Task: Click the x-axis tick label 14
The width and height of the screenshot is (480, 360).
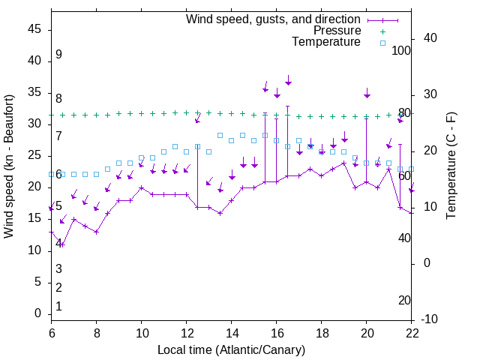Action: coord(231,333)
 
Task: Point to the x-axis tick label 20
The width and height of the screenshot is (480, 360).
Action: coord(366,333)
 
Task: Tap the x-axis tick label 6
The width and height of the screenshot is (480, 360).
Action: coord(51,333)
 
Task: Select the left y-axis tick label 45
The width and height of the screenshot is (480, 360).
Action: coord(34,29)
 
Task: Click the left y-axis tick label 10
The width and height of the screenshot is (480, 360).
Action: coord(34,250)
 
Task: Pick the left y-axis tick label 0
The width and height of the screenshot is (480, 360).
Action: coord(38,313)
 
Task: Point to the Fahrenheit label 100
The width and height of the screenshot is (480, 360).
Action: coord(401,50)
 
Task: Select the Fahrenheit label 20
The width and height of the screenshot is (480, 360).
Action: coord(404,301)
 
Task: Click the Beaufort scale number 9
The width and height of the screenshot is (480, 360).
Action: coord(58,55)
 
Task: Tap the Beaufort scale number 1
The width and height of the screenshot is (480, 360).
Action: coord(58,307)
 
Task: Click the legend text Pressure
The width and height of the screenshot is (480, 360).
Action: coord(337,31)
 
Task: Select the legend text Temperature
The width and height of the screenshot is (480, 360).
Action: coord(326,42)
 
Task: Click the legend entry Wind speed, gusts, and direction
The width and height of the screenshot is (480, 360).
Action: coord(273,19)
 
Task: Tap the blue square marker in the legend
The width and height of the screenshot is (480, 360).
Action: coord(382,43)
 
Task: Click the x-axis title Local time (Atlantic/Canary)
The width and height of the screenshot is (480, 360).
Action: coord(231,349)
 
